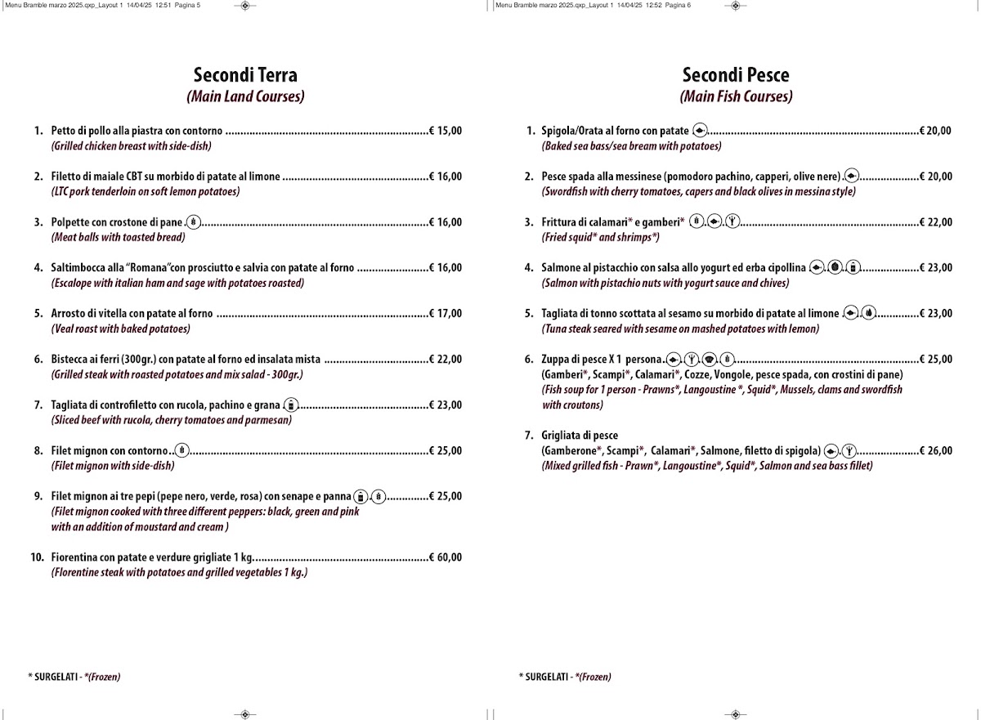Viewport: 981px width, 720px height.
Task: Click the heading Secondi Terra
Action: coord(245,76)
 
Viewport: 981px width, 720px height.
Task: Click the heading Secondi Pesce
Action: coord(736,76)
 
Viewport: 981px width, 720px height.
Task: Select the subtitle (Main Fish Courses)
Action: coord(736,96)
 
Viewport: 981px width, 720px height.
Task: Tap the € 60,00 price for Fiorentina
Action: coord(446,558)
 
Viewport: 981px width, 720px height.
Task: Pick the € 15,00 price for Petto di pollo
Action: coord(446,131)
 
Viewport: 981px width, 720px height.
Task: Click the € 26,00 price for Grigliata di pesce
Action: coord(936,451)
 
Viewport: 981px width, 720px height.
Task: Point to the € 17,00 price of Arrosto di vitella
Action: coord(446,314)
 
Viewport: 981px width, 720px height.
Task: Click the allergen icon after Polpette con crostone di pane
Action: coord(193,221)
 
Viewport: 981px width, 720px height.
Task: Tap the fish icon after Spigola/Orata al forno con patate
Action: coord(699,131)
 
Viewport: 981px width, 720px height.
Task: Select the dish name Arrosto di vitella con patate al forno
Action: coord(132,314)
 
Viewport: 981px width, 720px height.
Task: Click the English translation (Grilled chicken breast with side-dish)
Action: coord(131,146)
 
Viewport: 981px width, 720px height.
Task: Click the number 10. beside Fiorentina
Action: coord(37,558)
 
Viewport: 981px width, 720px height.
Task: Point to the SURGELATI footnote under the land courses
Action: coord(74,677)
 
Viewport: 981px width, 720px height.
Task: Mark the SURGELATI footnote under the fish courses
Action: coord(564,677)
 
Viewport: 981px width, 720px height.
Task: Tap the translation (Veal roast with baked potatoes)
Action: coord(120,329)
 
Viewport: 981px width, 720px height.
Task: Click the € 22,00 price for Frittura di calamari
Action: coord(936,222)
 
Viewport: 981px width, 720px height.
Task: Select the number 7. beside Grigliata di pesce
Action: coord(529,436)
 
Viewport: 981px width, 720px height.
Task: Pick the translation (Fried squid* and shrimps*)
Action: coord(600,238)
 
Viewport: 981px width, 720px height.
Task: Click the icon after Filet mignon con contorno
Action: coord(182,450)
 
